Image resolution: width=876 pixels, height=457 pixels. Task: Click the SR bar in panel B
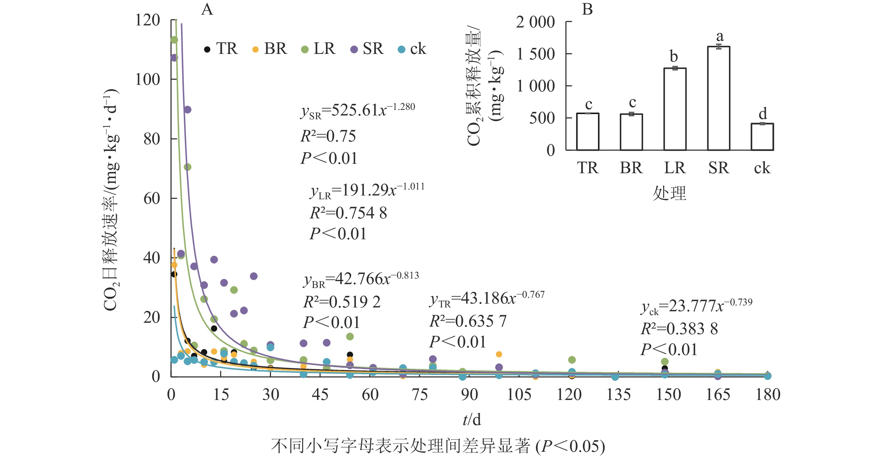pyautogui.click(x=719, y=98)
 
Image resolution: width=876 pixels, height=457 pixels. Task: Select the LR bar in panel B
pyautogui.click(x=675, y=109)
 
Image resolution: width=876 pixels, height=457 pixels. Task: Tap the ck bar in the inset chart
pyautogui.click(x=762, y=137)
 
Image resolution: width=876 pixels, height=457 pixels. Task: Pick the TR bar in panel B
pyautogui.click(x=587, y=132)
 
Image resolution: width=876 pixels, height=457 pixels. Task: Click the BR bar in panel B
pyautogui.click(x=631, y=132)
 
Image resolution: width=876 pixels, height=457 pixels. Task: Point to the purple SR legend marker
pyautogui.click(x=354, y=49)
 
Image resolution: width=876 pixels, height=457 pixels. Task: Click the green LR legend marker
pyautogui.click(x=305, y=49)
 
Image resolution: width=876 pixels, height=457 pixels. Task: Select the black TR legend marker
pyautogui.click(x=207, y=49)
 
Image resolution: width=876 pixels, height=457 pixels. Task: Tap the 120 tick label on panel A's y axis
pyautogui.click(x=147, y=20)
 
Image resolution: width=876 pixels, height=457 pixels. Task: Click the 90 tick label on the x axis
pyautogui.click(x=469, y=395)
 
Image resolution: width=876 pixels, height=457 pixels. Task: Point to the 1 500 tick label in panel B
pyautogui.click(x=535, y=54)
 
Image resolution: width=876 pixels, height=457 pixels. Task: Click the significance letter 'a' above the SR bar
pyautogui.click(x=720, y=36)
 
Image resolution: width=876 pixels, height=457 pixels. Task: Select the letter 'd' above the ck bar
pyautogui.click(x=763, y=113)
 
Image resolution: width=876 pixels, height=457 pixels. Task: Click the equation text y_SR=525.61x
pyautogui.click(x=358, y=111)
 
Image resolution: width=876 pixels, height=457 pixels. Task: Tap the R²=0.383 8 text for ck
pyautogui.click(x=679, y=329)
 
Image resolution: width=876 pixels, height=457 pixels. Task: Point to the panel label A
pyautogui.click(x=207, y=9)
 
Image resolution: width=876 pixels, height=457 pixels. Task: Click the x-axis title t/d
pyautogui.click(x=472, y=420)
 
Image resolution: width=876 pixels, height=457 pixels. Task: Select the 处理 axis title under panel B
pyautogui.click(x=670, y=193)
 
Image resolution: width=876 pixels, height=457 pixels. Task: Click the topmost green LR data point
pyautogui.click(x=174, y=40)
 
